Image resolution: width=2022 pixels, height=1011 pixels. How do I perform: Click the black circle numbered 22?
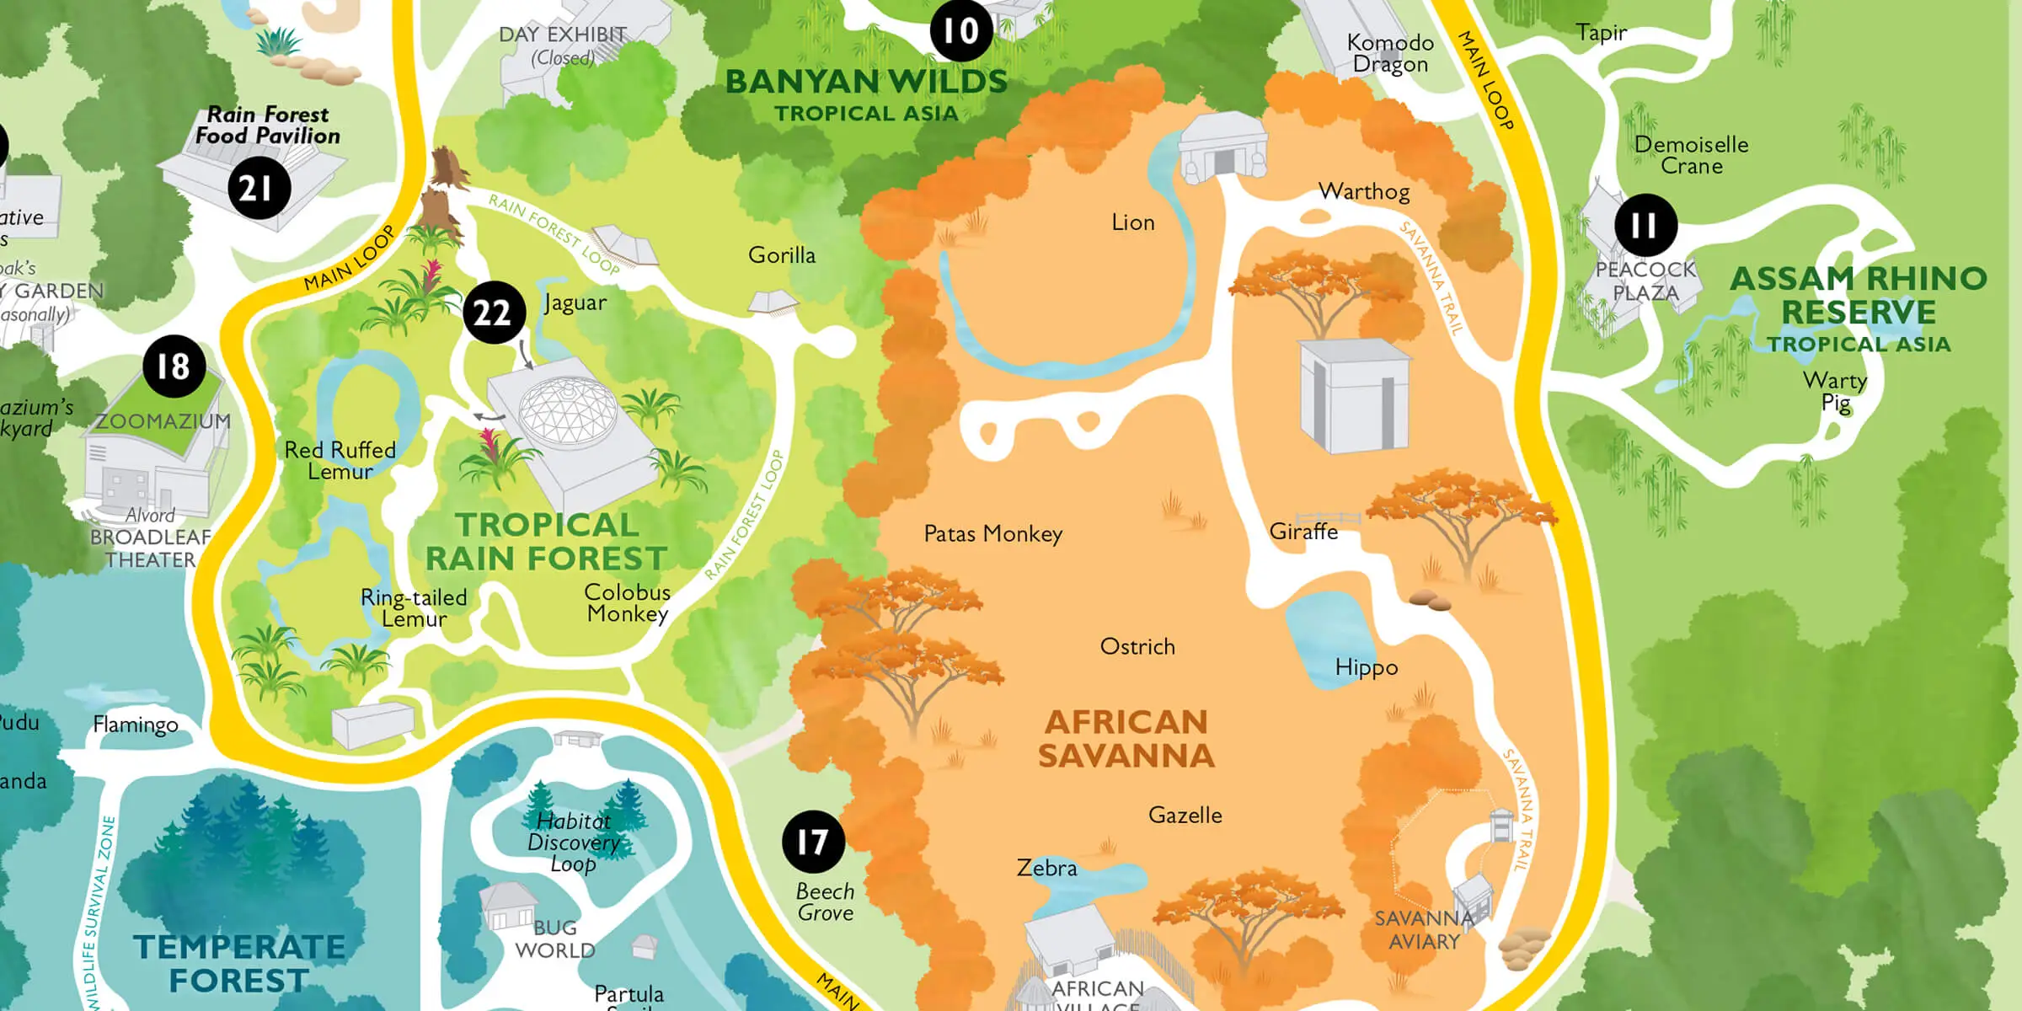coord(494,313)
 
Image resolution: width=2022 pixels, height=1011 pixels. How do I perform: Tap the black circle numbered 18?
coord(174,366)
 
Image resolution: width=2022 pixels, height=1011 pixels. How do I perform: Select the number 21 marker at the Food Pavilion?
coord(259,188)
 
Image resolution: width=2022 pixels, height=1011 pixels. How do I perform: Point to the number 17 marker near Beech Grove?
coord(813,841)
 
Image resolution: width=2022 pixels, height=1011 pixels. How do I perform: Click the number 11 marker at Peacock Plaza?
coord(1645,225)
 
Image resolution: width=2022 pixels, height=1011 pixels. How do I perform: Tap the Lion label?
coord(1132,222)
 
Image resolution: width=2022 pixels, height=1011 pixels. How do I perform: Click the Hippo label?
coord(1366,667)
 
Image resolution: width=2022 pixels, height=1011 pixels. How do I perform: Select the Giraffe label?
coord(1303,532)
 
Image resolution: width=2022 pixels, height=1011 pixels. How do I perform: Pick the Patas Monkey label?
coord(992,533)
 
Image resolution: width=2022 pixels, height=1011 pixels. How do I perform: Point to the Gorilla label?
coord(781,254)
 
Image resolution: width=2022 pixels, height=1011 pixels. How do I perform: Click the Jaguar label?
coord(575,302)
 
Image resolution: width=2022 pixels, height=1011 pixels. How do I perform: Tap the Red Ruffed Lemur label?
coord(340,460)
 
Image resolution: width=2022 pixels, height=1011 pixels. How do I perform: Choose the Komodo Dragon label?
coord(1390,53)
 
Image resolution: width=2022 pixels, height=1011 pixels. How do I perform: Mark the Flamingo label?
coord(135,724)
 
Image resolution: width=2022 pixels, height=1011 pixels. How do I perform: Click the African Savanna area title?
coord(1126,739)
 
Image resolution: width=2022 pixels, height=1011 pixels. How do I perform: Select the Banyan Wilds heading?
coord(866,83)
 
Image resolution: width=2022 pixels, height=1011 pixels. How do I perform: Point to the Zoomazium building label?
coord(163,421)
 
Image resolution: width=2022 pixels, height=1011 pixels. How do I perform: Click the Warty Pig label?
coord(1835,392)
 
